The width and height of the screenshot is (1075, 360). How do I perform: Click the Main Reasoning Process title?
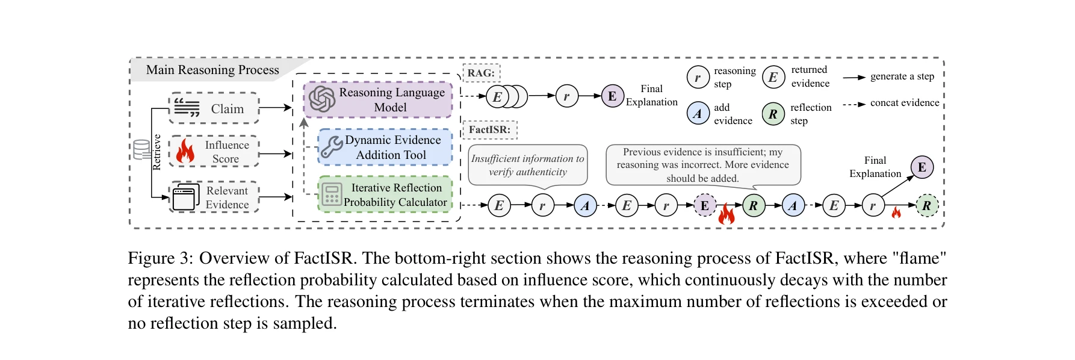[x=212, y=70]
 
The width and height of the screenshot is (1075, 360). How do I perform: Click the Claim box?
[x=214, y=108]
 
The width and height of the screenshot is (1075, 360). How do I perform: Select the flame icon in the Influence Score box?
[x=185, y=152]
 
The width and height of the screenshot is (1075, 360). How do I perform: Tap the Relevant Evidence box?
[x=214, y=197]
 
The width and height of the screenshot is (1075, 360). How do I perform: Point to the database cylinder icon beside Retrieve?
[x=142, y=149]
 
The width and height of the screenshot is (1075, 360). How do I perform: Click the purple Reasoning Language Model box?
[x=378, y=100]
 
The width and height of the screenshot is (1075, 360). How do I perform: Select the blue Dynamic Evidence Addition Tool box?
[x=385, y=147]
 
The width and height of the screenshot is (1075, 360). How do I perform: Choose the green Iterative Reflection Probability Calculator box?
[x=385, y=194]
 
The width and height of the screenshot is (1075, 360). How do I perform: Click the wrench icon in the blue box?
[x=331, y=146]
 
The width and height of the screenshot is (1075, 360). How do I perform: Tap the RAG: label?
[x=481, y=73]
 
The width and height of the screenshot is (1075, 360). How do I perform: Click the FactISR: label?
[x=489, y=129]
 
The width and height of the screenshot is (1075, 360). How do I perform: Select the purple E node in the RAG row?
[x=612, y=96]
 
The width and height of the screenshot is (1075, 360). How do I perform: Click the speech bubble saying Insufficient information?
[x=527, y=165]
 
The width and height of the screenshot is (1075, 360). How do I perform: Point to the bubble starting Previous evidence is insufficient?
[x=702, y=165]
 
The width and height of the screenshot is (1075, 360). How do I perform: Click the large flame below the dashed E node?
[x=727, y=214]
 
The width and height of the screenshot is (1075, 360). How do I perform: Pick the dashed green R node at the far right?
[x=927, y=206]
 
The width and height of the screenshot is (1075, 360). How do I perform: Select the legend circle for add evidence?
[x=698, y=113]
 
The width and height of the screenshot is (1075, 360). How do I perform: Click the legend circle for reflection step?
[x=773, y=113]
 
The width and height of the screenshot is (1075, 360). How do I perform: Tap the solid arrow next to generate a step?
[x=853, y=77]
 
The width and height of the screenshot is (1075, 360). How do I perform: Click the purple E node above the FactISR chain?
[x=922, y=167]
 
